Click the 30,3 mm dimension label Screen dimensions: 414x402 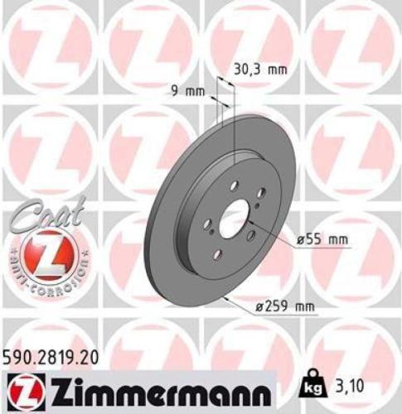pos(259,70)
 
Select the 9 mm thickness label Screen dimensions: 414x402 pos(187,91)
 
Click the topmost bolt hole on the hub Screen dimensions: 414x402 pos(234,186)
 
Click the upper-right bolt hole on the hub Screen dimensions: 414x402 pos(260,193)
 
